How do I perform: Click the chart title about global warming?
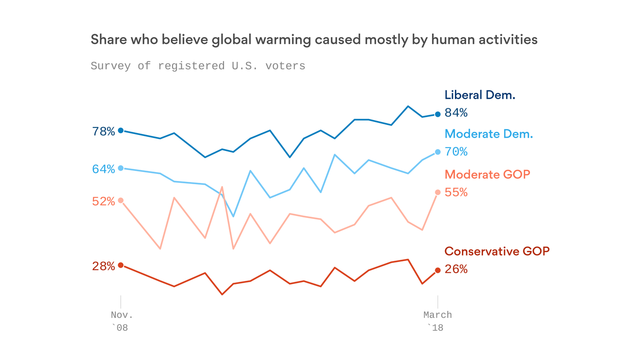point(314,40)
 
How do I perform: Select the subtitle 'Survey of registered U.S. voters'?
point(198,66)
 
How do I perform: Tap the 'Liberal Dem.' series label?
point(480,95)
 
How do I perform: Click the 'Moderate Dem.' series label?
point(489,134)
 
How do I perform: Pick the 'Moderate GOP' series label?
point(487,174)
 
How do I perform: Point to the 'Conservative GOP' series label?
point(497,251)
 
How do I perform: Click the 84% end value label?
point(456,113)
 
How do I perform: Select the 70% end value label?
point(456,152)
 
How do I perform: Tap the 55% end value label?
point(456,192)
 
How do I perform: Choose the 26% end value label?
point(456,270)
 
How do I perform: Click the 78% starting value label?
point(104,132)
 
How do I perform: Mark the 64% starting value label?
point(104,169)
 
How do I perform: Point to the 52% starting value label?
point(104,202)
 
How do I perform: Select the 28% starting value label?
point(104,267)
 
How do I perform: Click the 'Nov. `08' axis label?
point(119,321)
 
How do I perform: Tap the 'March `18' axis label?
point(438,321)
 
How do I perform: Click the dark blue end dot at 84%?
point(438,114)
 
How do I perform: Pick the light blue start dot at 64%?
point(120,168)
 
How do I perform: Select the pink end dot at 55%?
point(438,192)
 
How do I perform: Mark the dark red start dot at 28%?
point(120,265)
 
